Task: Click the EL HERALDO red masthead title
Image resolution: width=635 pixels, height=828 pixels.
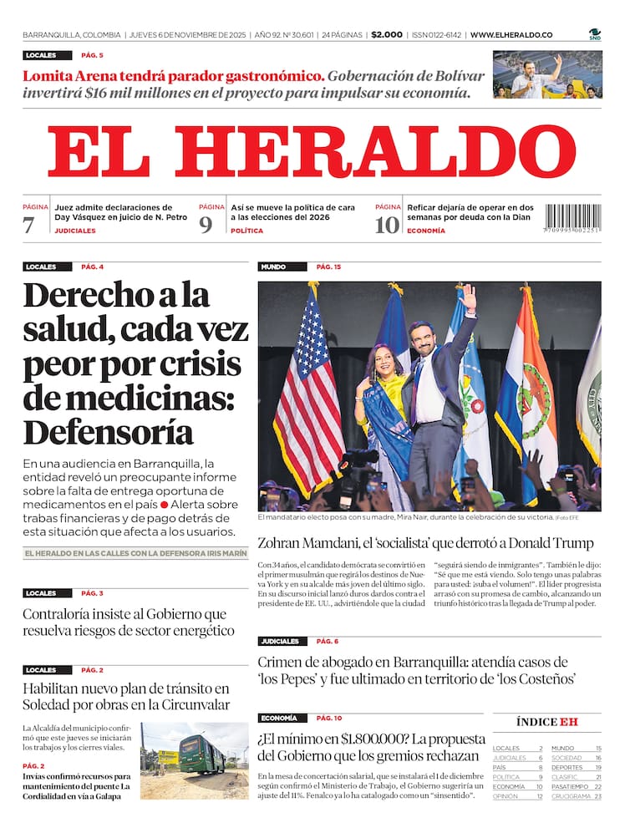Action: [x=311, y=152]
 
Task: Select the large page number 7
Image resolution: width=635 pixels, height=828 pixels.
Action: [x=28, y=225]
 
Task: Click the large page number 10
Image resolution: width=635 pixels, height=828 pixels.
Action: [x=386, y=225]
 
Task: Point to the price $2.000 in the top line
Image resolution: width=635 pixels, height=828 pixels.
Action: [x=386, y=35]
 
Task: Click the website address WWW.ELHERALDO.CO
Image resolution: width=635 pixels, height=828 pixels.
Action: [x=511, y=35]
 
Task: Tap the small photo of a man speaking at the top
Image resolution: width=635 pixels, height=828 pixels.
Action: [x=546, y=75]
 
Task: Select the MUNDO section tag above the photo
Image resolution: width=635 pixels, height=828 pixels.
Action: [x=273, y=267]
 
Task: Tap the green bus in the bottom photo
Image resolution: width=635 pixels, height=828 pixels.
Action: [x=201, y=754]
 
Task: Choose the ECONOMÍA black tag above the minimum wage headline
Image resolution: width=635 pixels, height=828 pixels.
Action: [x=278, y=719]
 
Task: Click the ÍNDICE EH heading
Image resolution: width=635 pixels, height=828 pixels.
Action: [x=547, y=722]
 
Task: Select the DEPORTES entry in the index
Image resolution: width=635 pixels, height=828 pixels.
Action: [x=567, y=767]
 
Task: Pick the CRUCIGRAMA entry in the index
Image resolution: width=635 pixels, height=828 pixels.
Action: [x=571, y=796]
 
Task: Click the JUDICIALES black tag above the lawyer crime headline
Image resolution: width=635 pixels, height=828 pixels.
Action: [x=280, y=642]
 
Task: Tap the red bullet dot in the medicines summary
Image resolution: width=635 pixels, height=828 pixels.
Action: [x=165, y=505]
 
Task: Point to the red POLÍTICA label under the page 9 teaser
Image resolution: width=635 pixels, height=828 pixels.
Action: [x=246, y=231]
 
